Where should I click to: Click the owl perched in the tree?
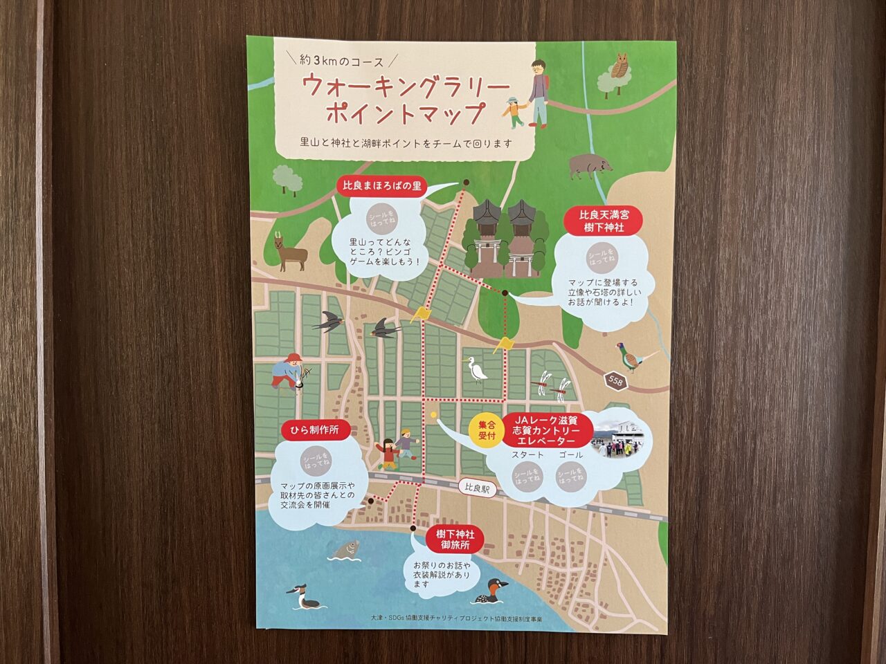coord(620,66)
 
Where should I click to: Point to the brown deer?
coord(289,254)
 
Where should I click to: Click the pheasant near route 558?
coord(636,358)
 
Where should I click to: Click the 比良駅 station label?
coord(478,488)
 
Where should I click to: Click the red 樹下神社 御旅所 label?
coord(455,539)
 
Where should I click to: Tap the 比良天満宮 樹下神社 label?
coord(605,221)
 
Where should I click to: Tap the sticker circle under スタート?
coord(527,477)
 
